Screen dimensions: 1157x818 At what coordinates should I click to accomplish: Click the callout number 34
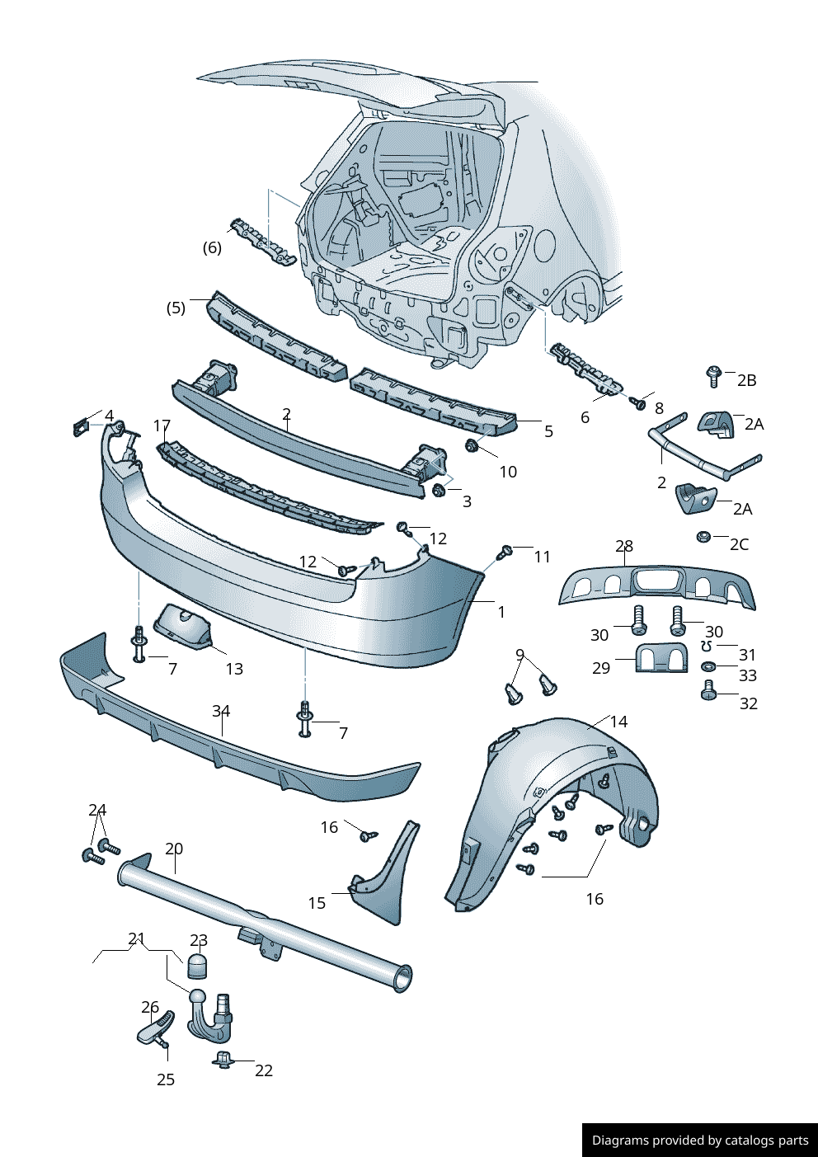coord(221,711)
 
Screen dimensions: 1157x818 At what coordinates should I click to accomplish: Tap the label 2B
coord(746,380)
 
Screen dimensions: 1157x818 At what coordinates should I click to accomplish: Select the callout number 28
coord(624,546)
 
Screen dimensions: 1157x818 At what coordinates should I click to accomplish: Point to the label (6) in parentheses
coord(212,247)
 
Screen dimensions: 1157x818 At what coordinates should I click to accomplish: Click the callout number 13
coord(234,669)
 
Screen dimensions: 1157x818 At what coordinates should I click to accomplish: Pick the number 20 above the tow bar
coord(174,849)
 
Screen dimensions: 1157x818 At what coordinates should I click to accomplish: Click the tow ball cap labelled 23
coord(198,967)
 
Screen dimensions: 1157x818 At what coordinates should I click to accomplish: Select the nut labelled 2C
coord(703,537)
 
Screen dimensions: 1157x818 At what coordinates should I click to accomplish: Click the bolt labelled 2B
coord(714,376)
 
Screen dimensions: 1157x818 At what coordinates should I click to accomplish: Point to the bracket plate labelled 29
coord(661,658)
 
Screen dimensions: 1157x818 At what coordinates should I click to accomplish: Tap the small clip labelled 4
coord(81,427)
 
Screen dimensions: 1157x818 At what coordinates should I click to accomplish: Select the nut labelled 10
coord(472,447)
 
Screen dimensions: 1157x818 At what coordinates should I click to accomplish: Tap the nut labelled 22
coord(222,1060)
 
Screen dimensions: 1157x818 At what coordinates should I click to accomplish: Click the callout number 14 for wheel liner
coord(618,722)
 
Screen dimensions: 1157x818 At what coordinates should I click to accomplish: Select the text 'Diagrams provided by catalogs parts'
coord(700,1141)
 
